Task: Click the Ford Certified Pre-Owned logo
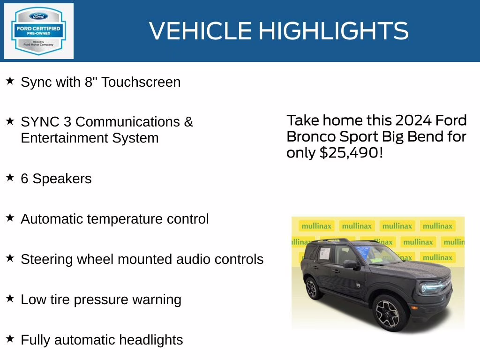38,31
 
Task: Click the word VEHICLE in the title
200,31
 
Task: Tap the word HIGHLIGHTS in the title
333,31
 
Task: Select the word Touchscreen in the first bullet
141,82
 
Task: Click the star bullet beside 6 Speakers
10,178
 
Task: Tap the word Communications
127,122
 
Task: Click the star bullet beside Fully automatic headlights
10,338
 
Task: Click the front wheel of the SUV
387,312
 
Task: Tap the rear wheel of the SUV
313,288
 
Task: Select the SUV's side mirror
349,264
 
